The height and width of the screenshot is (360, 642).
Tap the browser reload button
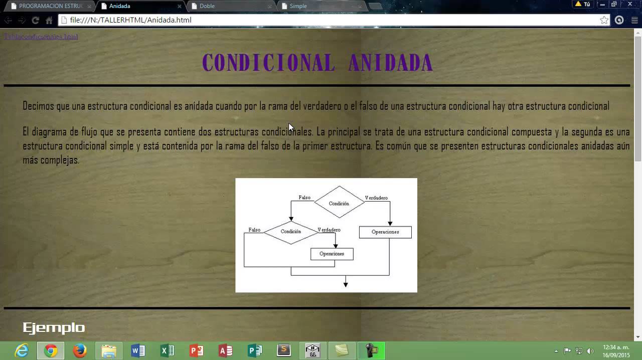pyautogui.click(x=35, y=20)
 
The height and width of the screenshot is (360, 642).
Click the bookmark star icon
pyautogui.click(x=604, y=20)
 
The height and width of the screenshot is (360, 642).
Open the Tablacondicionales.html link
pyautogui.click(x=41, y=37)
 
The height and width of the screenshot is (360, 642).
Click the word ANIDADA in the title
pyautogui.click(x=390, y=63)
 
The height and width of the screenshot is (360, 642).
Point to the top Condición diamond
pyautogui.click(x=339, y=203)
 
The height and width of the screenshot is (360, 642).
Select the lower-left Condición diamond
pyautogui.click(x=291, y=232)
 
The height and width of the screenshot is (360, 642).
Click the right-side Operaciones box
pyautogui.click(x=385, y=232)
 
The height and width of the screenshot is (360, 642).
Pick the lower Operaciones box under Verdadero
pyautogui.click(x=332, y=254)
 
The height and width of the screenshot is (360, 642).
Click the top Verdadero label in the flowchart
pyautogui.click(x=376, y=198)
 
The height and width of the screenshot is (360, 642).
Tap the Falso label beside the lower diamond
pyautogui.click(x=254, y=230)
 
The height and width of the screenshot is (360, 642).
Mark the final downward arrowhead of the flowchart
pyautogui.click(x=346, y=284)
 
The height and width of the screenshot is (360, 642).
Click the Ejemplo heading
pyautogui.click(x=54, y=328)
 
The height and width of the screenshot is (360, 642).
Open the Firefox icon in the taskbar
pyautogui.click(x=80, y=350)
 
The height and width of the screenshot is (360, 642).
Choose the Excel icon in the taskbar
pyautogui.click(x=167, y=350)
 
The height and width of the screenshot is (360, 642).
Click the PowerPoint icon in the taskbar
pyautogui.click(x=196, y=350)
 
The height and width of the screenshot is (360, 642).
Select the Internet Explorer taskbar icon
pyautogui.click(x=22, y=350)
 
